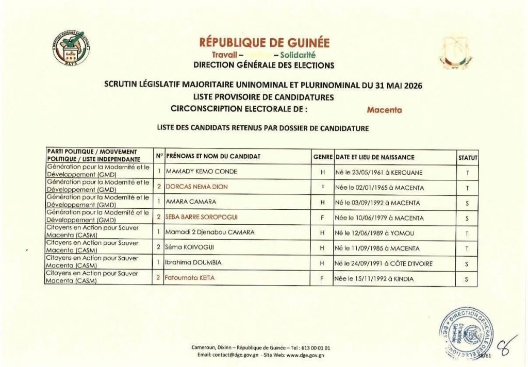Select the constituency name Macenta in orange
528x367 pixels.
pyautogui.click(x=384, y=109)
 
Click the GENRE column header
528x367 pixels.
pyautogui.click(x=323, y=157)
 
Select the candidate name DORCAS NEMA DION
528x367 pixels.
pyautogui.click(x=196, y=187)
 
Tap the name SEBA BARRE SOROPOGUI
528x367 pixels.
pyautogui.click(x=201, y=218)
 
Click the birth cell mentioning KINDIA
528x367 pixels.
pyautogui.click(x=374, y=278)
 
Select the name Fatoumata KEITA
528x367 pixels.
pyautogui.click(x=189, y=278)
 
